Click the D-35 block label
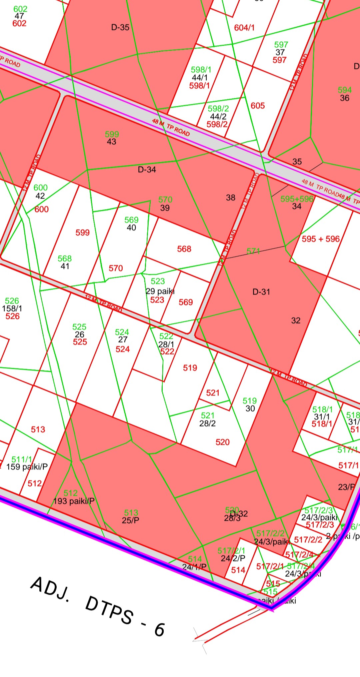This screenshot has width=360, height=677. [120, 27]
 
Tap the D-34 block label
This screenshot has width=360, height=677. [147, 170]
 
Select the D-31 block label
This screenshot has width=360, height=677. [261, 292]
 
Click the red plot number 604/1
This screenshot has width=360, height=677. [244, 28]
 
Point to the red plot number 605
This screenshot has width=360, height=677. [258, 106]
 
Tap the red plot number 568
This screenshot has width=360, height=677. [184, 249]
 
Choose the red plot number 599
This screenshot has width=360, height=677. [82, 233]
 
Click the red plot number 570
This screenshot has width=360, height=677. [116, 268]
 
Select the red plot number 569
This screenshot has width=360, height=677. [186, 302]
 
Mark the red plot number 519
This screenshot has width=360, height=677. [190, 368]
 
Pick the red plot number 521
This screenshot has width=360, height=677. [213, 393]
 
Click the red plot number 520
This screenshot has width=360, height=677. [222, 442]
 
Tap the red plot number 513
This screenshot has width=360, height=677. [38, 429]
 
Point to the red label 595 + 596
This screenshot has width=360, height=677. [321, 239]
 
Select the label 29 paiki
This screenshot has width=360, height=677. [160, 291]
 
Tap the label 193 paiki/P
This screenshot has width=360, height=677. [74, 501]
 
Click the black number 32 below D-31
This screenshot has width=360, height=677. [296, 321]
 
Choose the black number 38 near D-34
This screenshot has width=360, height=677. [231, 198]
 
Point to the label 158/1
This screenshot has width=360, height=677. [12, 309]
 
